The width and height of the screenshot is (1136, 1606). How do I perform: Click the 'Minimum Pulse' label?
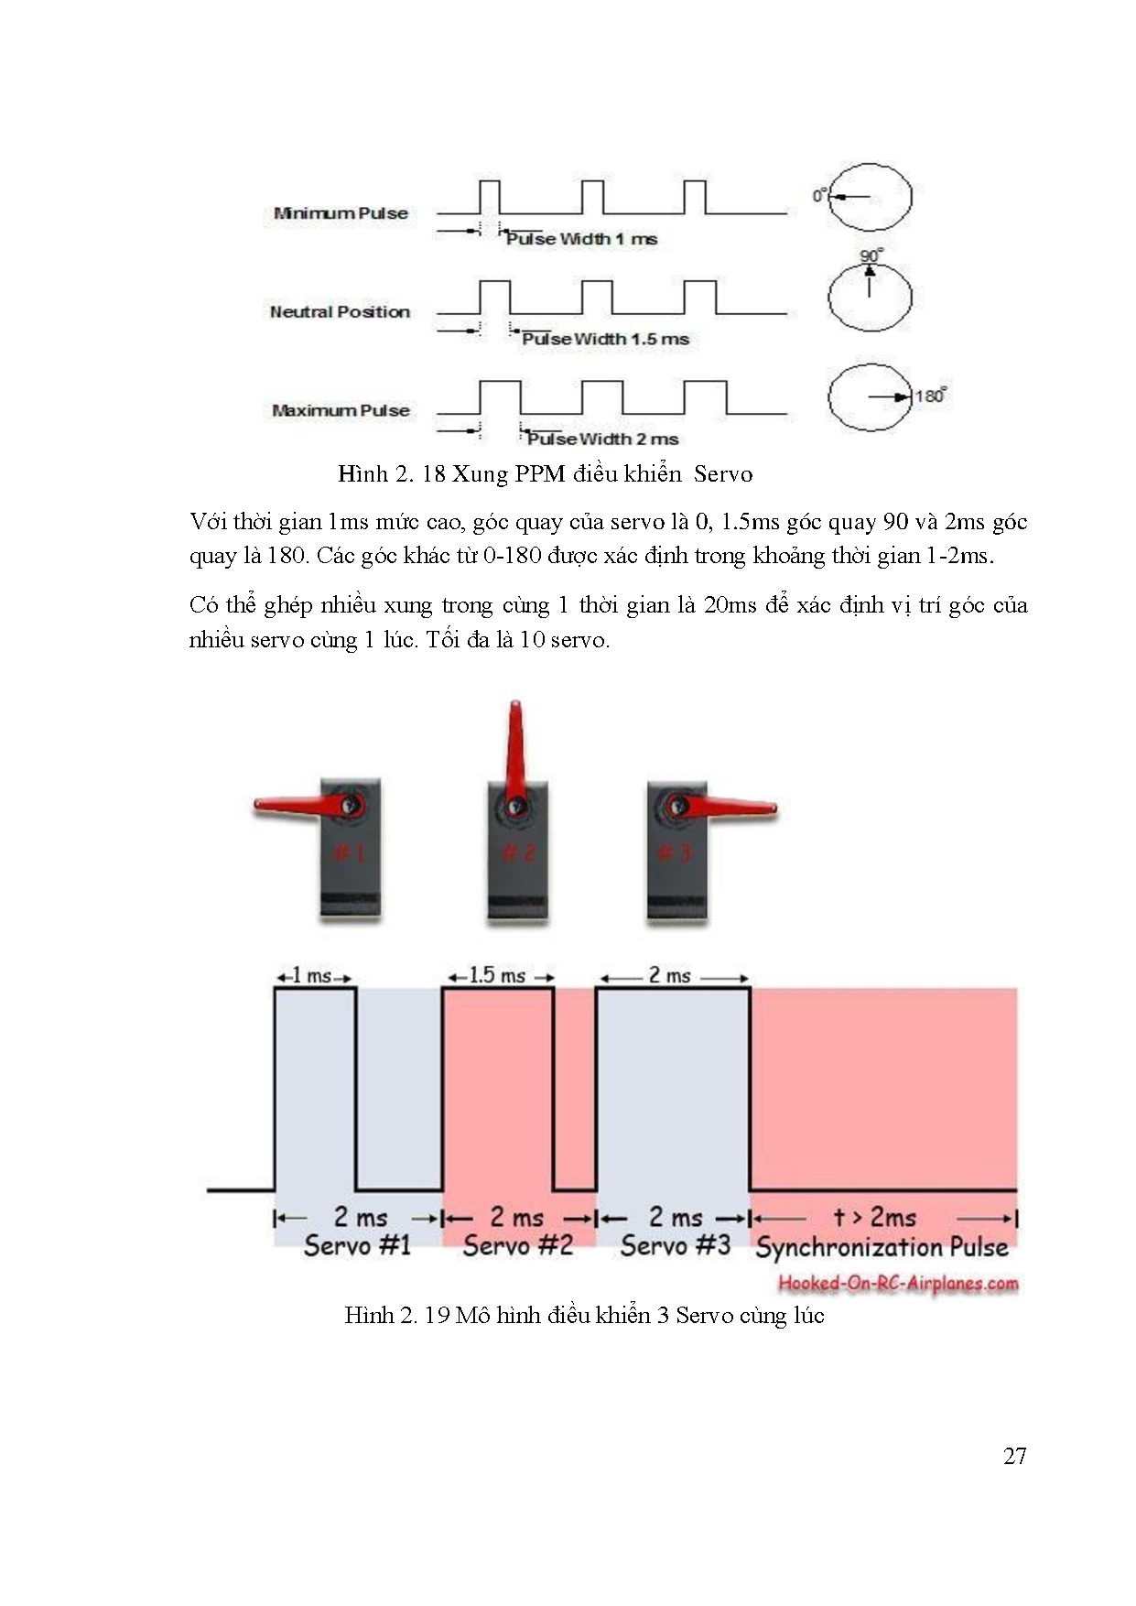(341, 213)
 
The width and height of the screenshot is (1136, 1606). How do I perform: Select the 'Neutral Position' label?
(340, 311)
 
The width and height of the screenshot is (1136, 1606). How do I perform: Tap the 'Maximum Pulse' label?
(341, 410)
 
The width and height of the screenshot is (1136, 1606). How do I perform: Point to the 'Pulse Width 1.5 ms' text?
(605, 339)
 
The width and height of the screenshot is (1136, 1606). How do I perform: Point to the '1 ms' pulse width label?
(312, 976)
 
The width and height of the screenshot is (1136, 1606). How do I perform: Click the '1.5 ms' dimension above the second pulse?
(497, 975)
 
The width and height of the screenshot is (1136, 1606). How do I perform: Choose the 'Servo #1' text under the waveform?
(357, 1245)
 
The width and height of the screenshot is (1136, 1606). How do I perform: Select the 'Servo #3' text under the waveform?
(676, 1245)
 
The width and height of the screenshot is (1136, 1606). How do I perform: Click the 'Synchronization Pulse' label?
(882, 1247)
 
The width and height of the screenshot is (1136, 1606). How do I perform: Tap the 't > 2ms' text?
(874, 1217)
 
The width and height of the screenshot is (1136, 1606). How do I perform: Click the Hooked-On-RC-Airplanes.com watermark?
(898, 1283)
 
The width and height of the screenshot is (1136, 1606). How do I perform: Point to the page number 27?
(1014, 1457)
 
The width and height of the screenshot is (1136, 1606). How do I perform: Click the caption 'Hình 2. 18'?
(392, 474)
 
